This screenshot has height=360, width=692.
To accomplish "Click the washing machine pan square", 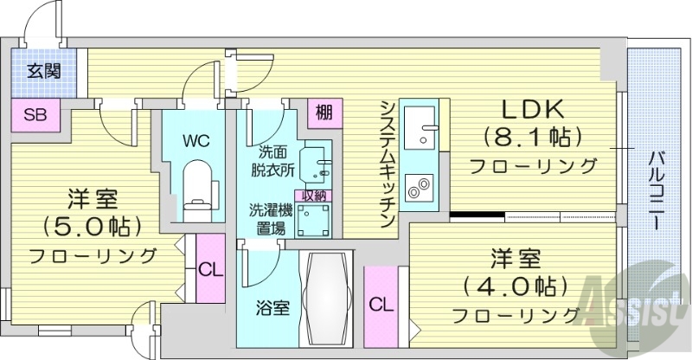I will (311, 220).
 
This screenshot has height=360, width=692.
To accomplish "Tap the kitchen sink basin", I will (423, 128).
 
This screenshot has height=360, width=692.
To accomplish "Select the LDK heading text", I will (533, 110).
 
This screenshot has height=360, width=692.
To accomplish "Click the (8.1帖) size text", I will (533, 137).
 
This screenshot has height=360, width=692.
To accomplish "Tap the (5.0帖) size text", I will (91, 226).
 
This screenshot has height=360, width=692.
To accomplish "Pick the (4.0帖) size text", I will (516, 285).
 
